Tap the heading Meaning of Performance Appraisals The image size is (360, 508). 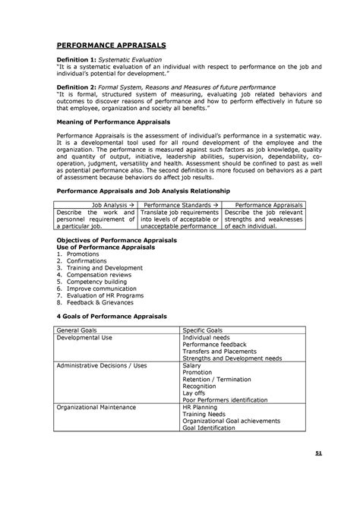(x=115, y=121)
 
